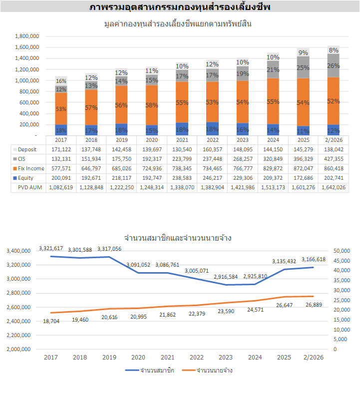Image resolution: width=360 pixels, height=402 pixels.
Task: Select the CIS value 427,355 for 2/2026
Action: pyautogui.click(x=334, y=159)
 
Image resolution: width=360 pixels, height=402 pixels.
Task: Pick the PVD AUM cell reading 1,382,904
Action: pyautogui.click(x=212, y=188)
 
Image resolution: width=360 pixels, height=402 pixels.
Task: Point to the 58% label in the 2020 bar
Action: pyautogui.click(x=152, y=106)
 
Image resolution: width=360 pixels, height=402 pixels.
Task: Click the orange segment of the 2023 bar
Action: pyautogui.click(x=243, y=102)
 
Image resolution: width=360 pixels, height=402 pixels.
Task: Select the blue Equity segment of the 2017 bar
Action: pyautogui.click(x=61, y=130)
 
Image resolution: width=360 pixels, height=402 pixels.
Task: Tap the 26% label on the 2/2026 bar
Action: pyautogui.click(x=334, y=65)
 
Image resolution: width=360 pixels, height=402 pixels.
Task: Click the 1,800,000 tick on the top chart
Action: pyautogui.click(x=27, y=36)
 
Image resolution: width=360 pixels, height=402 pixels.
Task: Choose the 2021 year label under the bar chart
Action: pyautogui.click(x=182, y=140)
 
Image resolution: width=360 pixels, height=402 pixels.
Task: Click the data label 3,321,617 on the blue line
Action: pyautogui.click(x=52, y=248)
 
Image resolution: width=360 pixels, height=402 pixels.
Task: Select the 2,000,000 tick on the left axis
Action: pyautogui.click(x=20, y=349)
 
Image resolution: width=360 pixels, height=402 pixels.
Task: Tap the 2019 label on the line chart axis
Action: pyautogui.click(x=109, y=358)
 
